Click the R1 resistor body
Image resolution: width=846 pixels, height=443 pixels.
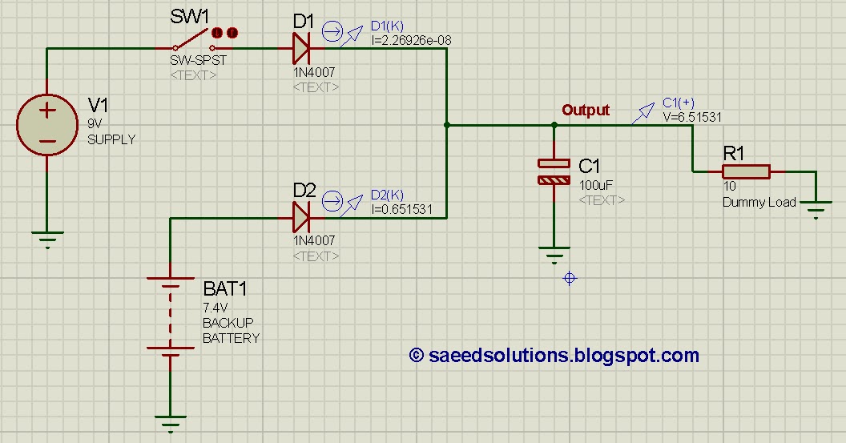746,171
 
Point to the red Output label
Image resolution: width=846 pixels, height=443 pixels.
586,111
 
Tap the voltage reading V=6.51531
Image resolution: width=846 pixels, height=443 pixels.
692,117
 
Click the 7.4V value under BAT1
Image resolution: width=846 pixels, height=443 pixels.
216,307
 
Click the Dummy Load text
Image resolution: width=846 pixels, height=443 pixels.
759,202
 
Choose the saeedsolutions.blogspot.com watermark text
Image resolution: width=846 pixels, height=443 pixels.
554,355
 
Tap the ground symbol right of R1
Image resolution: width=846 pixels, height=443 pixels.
816,212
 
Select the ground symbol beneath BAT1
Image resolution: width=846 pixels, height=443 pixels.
170,423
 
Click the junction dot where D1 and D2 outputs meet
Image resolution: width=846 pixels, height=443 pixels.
446,125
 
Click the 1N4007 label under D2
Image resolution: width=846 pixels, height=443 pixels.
314,240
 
